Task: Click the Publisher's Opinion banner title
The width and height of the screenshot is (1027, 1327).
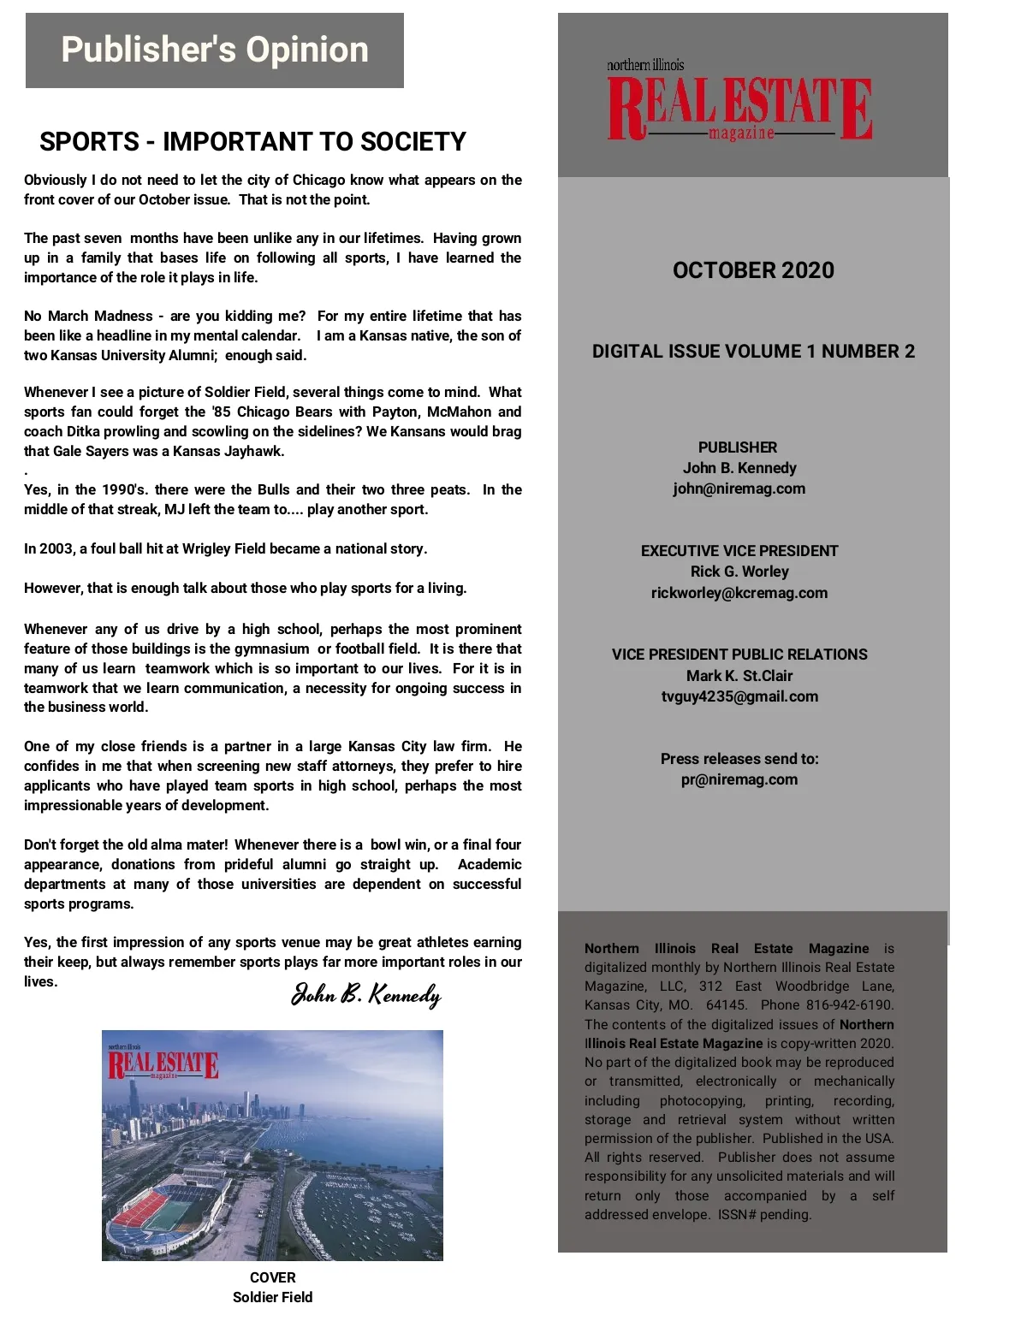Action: [x=215, y=50]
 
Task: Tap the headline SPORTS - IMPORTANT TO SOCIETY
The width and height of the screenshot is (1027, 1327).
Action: [x=252, y=141]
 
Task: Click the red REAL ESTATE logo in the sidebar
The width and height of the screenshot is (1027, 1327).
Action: [x=739, y=108]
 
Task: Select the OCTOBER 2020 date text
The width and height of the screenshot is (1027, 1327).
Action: [x=753, y=270]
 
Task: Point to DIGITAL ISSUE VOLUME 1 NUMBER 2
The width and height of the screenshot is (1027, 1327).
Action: [x=753, y=352]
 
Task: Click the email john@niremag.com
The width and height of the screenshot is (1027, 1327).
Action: [x=739, y=489]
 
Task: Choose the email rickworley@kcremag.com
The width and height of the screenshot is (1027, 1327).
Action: [x=739, y=593]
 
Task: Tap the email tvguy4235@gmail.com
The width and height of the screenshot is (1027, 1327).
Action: [x=739, y=696]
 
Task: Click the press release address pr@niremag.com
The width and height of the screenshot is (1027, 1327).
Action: [x=739, y=779]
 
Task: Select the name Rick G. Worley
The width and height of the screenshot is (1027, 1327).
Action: [x=739, y=572]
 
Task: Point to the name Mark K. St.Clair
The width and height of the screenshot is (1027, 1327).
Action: [x=739, y=676]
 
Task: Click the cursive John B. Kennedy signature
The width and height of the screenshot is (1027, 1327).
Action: [x=366, y=994]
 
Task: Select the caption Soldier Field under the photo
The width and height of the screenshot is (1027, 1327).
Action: [x=272, y=1297]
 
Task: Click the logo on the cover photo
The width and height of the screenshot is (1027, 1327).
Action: [x=163, y=1064]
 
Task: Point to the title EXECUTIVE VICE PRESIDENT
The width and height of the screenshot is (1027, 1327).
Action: [x=739, y=551]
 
